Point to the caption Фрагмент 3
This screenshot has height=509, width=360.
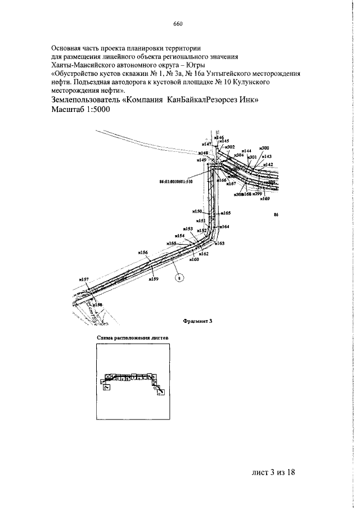pos(197,321)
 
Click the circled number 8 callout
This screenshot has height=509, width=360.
pos(179,277)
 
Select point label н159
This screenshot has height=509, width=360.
pos(153,278)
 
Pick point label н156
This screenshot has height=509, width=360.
pos(143,253)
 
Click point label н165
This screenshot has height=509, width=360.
pos(226,213)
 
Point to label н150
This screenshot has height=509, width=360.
pos(196,211)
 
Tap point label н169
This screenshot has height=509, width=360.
pos(265,199)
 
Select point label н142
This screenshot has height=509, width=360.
pos(268,165)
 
